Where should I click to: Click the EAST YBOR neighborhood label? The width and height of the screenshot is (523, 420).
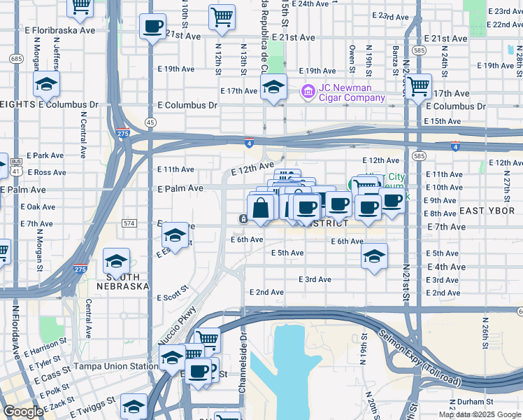point(486,211)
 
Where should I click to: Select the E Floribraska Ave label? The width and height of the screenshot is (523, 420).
point(63,31)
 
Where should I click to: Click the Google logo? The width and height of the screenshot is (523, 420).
point(23,412)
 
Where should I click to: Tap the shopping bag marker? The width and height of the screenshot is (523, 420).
point(260,208)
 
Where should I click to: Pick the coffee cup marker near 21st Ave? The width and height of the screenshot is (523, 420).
point(152,27)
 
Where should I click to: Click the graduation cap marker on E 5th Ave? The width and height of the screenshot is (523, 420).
point(374,255)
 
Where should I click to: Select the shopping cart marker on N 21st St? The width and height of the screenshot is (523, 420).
point(418,87)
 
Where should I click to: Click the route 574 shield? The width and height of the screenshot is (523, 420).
point(129,223)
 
